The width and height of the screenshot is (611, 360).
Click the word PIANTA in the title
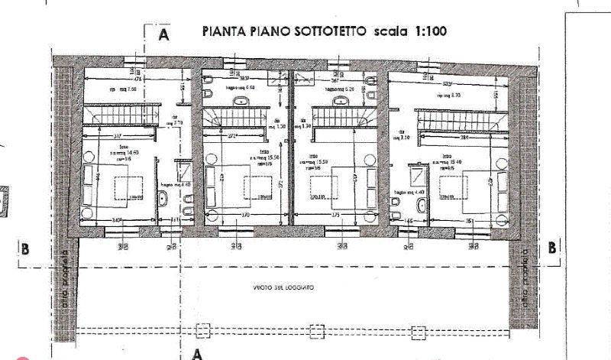224,32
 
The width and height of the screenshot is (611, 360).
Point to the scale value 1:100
428,32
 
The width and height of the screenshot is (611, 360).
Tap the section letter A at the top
163,34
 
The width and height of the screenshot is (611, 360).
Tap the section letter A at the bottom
197,354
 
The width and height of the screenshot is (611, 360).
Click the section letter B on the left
26,248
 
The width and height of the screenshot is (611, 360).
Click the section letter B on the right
551,248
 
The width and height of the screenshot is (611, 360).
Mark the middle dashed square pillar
318,331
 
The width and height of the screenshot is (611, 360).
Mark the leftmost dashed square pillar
202,331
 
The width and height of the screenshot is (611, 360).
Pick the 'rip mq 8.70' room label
447,96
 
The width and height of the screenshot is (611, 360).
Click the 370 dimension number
245,216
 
